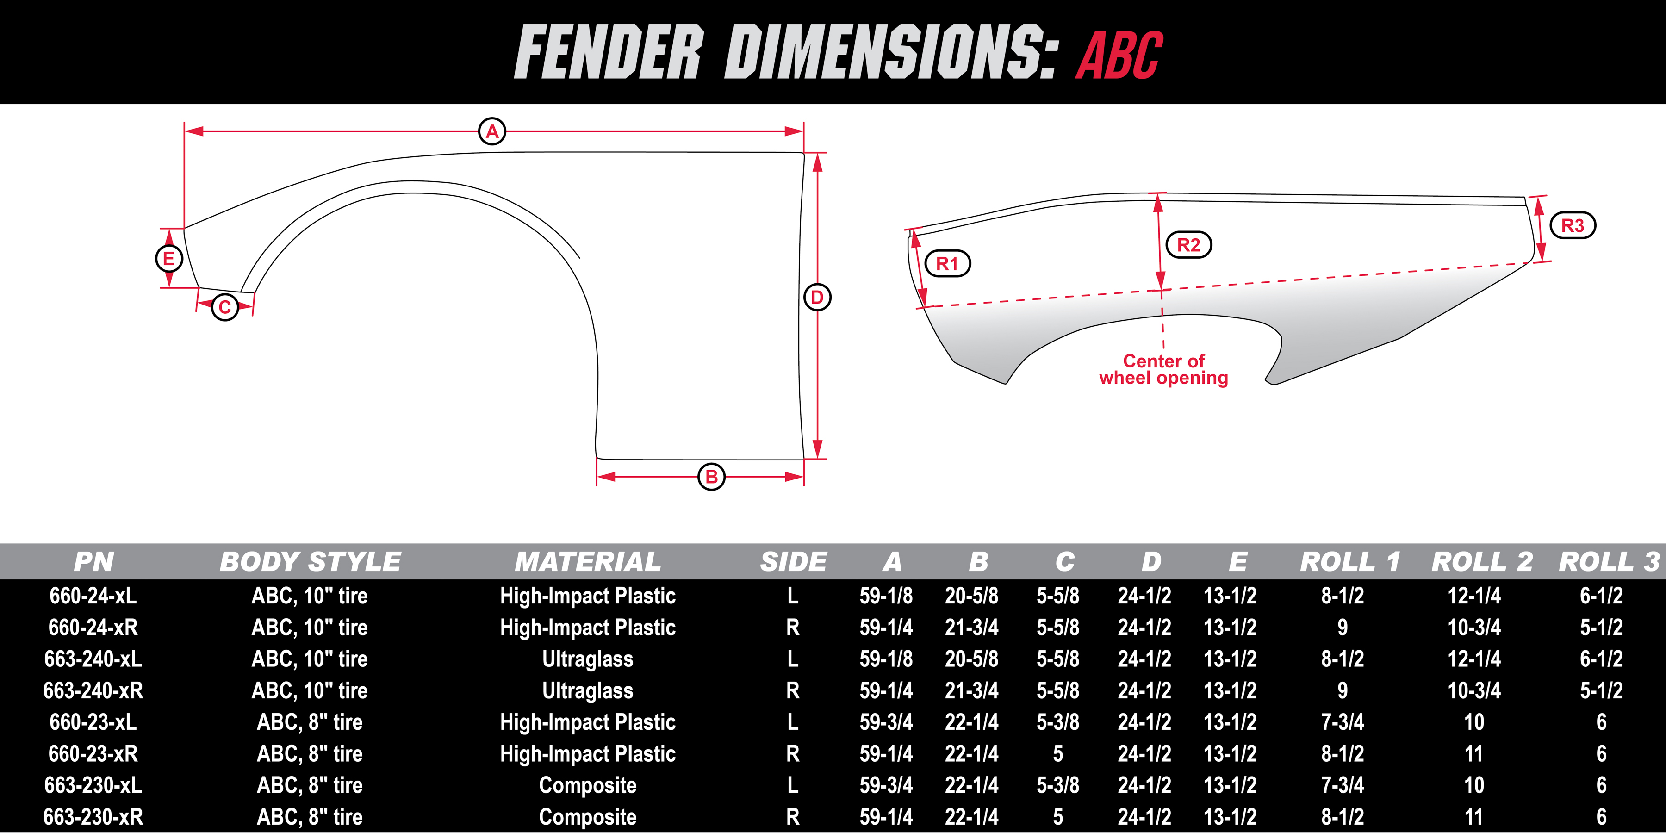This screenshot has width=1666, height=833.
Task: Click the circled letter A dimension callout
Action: [492, 131]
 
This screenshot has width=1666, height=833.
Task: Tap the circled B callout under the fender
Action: [711, 477]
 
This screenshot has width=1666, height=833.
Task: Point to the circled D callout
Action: [817, 298]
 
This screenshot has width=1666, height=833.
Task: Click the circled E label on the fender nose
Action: [169, 259]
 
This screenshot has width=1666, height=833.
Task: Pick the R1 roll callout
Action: [947, 263]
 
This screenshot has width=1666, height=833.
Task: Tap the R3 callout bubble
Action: [1573, 225]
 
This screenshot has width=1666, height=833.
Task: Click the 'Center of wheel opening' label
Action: [1163, 369]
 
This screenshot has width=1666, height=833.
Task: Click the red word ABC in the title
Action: [1119, 56]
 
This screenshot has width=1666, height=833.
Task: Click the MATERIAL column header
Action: [588, 561]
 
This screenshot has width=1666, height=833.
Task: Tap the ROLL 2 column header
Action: [1482, 561]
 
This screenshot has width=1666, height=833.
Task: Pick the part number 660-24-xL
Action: [93, 595]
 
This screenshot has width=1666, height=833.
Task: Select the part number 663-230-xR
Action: [93, 817]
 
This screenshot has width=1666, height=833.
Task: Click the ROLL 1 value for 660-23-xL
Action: [1343, 722]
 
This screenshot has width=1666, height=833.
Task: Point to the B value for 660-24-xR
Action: [971, 627]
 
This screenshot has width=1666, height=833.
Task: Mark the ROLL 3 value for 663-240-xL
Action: [1601, 659]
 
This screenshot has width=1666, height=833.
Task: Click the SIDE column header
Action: [794, 561]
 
